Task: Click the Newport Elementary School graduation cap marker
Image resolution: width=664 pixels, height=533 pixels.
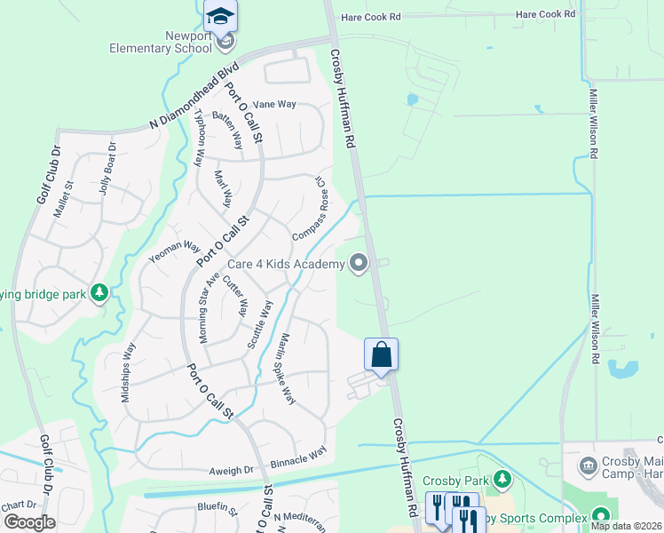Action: click(220, 16)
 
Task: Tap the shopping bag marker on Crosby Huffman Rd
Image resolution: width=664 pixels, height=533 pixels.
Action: click(381, 354)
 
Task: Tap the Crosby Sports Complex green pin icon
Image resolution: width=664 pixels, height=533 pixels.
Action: click(601, 516)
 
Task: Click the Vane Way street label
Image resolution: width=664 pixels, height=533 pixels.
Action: click(274, 104)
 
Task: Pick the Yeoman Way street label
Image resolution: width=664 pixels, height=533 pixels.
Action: click(175, 251)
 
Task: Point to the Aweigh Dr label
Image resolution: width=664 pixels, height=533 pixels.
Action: click(232, 470)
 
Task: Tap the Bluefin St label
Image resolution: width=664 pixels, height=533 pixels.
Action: click(218, 510)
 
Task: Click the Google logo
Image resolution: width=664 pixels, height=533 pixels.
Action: click(29, 521)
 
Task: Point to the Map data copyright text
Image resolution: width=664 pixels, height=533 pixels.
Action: click(626, 526)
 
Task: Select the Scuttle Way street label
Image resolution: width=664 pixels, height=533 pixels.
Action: click(260, 323)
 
